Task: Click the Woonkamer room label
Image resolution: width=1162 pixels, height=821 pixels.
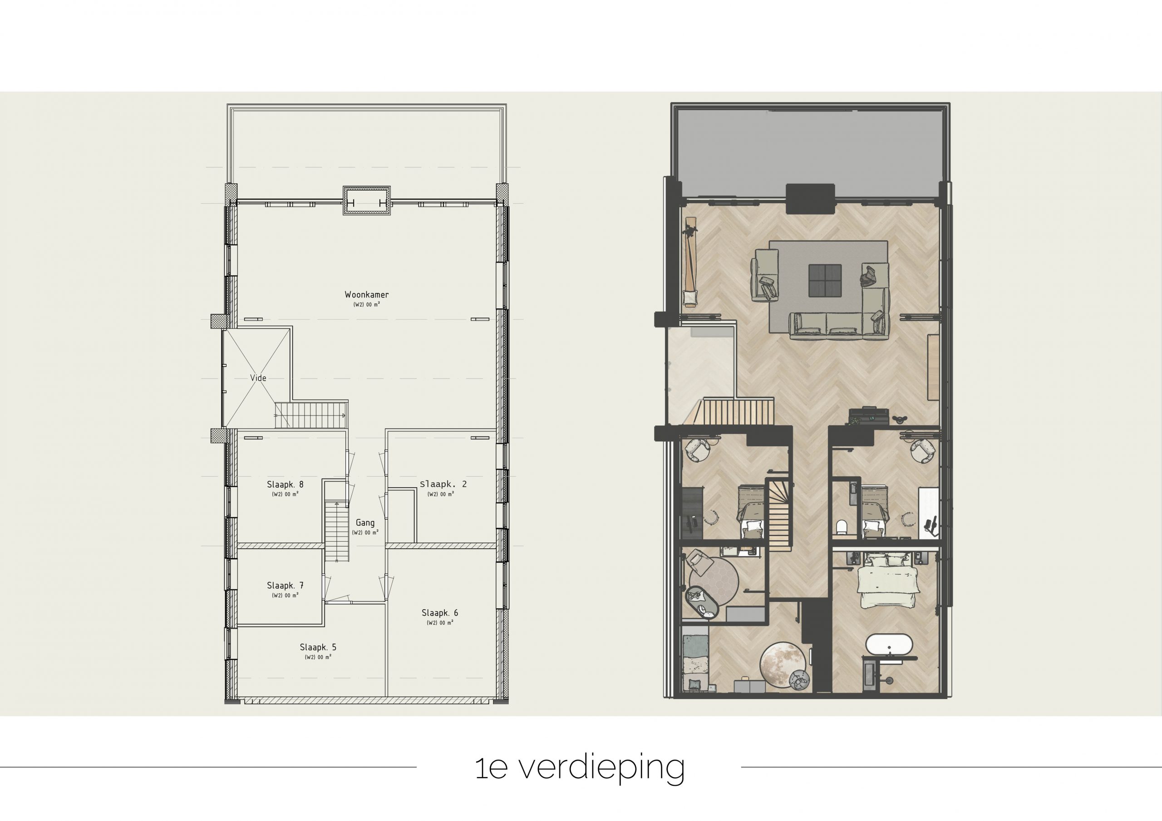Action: click(366, 294)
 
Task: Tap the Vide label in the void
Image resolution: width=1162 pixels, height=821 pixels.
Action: click(258, 378)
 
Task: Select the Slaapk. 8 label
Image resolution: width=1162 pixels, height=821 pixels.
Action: click(286, 484)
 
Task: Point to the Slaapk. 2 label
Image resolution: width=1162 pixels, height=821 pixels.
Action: click(443, 484)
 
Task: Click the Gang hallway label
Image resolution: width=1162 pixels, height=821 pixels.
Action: click(365, 523)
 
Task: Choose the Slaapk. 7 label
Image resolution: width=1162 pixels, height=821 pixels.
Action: click(286, 585)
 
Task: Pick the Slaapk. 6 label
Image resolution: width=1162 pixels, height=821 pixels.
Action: click(440, 613)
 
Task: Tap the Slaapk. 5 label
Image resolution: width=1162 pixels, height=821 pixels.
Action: click(318, 647)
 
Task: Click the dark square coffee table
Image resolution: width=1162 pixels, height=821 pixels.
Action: click(825, 280)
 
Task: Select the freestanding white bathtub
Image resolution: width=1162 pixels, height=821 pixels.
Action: click(889, 645)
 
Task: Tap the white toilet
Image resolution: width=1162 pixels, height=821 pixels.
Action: click(841, 527)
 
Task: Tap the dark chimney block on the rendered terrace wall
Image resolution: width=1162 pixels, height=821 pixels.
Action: click(810, 198)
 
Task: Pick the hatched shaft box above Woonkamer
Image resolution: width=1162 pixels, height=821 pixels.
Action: click(367, 201)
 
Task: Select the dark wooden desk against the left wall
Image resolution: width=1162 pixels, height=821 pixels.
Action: click(692, 512)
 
